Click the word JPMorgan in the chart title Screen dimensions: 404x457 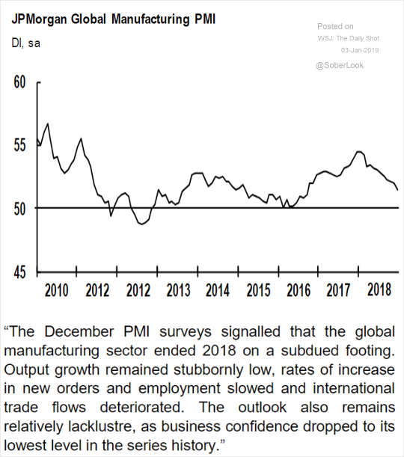point(39,20)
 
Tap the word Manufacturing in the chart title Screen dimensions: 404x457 point(150,19)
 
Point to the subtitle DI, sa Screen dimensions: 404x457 point(25,43)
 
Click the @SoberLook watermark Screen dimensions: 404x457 point(340,65)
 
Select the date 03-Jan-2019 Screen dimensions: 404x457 point(360,50)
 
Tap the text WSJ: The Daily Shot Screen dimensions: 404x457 point(349,38)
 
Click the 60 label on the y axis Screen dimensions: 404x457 point(19,82)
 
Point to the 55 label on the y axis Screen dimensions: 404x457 point(19,145)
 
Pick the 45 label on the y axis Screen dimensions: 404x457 point(19,272)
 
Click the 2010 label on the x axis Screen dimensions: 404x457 point(56,290)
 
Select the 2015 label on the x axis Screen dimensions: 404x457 point(259,290)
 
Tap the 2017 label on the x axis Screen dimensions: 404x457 point(338,290)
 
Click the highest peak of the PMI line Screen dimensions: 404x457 point(48,123)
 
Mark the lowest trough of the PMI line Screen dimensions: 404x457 point(142,224)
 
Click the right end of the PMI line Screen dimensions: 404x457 point(398,190)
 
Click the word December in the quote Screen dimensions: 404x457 point(79,331)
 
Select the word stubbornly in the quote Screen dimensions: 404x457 point(209,369)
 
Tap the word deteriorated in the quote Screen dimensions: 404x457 point(142,408)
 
